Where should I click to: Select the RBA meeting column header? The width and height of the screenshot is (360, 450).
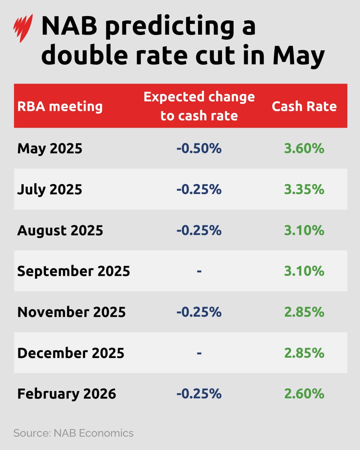point(60,106)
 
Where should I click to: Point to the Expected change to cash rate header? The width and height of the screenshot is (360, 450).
point(199,106)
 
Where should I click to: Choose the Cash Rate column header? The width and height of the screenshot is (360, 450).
point(304,106)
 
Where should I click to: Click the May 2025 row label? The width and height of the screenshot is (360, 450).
point(50,148)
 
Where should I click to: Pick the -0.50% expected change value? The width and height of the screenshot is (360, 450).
point(199,148)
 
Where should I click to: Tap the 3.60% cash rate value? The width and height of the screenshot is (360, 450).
point(304,148)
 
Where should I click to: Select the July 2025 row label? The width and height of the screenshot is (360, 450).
point(50,189)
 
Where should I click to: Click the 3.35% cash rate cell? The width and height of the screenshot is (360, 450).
point(304,189)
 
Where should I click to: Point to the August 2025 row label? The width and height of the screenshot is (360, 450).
point(60,230)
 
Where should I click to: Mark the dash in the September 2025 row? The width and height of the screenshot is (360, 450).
point(199,271)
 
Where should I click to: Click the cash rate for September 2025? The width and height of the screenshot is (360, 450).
point(304,271)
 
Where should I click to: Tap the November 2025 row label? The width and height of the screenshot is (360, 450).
point(72,312)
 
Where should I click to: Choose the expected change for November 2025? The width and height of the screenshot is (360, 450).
point(199,312)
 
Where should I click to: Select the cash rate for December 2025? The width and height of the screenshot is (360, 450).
point(304,353)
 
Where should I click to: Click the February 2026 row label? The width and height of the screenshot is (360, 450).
point(67,394)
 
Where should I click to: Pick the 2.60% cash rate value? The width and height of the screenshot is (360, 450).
point(304,394)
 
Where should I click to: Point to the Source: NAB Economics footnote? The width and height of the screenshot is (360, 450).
point(73,433)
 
